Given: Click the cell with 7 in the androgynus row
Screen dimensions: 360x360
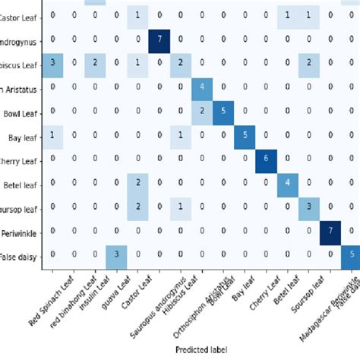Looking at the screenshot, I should coord(159,38).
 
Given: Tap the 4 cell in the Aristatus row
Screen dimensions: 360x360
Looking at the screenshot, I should coord(202,86).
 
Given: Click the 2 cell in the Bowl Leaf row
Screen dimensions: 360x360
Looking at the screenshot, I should coord(202,110).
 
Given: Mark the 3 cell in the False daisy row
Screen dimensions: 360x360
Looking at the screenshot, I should coord(116,254).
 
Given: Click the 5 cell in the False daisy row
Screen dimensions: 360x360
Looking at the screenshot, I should coord(351,254).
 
